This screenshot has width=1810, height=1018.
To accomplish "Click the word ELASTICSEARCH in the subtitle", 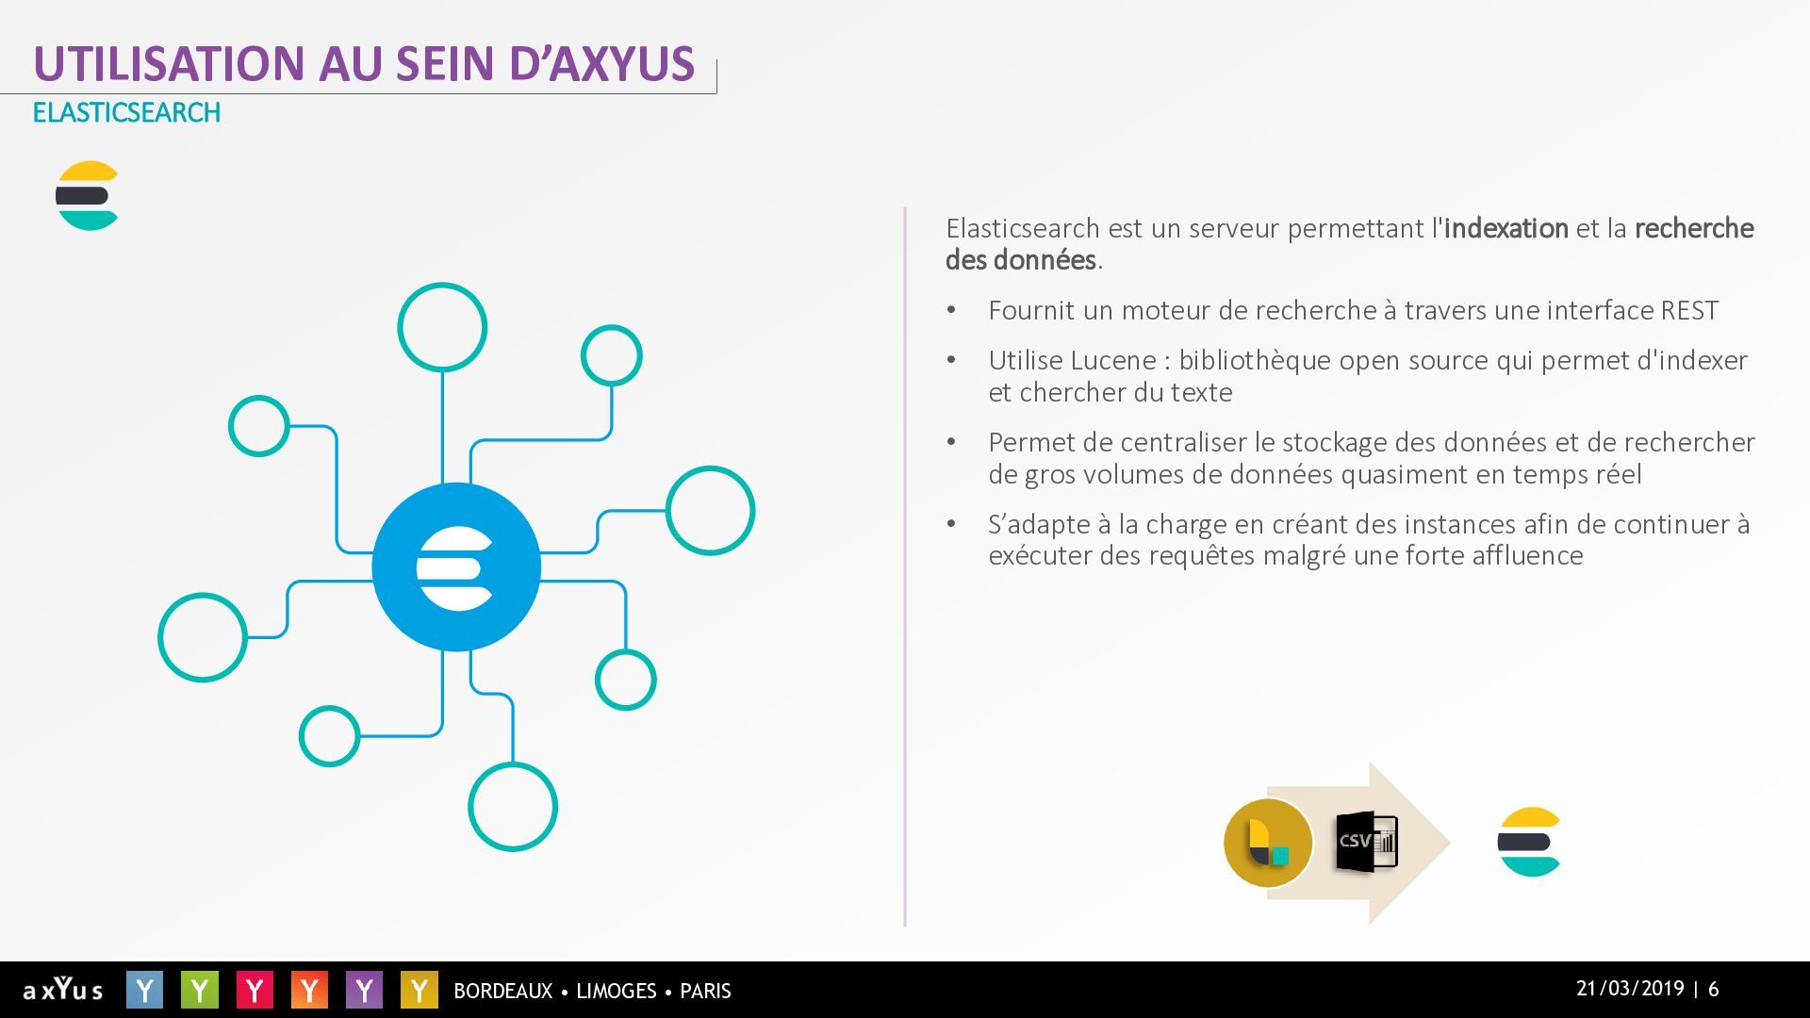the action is [126, 112].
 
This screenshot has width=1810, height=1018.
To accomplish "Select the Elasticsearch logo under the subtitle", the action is [87, 196].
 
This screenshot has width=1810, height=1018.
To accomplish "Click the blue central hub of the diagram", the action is [456, 566].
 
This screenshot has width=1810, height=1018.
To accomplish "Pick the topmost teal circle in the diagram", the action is [442, 285].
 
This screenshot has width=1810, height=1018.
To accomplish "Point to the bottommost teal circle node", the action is [513, 849].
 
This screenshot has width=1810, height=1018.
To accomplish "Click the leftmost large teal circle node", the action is [160, 637].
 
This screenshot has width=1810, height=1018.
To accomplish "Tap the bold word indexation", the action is [1506, 228].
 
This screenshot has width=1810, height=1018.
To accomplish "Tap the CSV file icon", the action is [1366, 841].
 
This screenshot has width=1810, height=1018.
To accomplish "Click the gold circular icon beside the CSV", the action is [1268, 843].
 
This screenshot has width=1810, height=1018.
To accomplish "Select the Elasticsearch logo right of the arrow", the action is [1529, 842].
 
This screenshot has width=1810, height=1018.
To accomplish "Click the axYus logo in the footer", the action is [63, 989].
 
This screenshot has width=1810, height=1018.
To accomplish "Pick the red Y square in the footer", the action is [255, 990].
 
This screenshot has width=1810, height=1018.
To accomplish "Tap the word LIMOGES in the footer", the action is [616, 991].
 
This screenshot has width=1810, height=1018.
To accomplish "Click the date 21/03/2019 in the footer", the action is [1630, 989].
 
